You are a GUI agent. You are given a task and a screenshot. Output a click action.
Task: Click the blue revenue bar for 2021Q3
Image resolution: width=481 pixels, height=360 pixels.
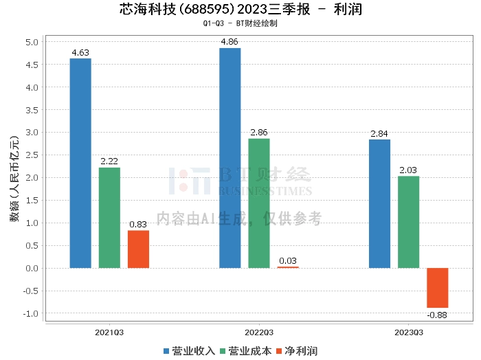coord(80,163)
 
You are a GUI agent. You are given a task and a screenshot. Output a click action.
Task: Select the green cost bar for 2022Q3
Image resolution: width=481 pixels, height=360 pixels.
coord(259,203)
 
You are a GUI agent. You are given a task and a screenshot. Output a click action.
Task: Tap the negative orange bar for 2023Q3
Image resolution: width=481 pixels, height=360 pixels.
coord(438,288)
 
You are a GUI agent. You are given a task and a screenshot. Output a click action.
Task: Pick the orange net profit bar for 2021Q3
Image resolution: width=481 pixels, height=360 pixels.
coord(138,249)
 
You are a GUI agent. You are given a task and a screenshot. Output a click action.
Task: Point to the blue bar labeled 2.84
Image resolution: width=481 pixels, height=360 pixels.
coord(379,204)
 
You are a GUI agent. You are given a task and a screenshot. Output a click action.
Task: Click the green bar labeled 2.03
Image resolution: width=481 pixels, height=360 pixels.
coord(408,223)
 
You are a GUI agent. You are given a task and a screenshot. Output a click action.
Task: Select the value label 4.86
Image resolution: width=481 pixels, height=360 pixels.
coord(230,42)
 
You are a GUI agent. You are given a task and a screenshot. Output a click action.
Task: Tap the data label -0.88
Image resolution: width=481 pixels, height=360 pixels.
coord(437,315)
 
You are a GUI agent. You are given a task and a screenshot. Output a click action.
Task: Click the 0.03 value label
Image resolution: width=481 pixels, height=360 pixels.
coord(288,261)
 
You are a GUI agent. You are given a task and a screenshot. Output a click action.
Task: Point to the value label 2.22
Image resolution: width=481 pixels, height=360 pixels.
coord(109,161)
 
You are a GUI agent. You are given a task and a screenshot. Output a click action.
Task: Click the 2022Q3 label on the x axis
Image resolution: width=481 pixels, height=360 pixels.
coord(259,333)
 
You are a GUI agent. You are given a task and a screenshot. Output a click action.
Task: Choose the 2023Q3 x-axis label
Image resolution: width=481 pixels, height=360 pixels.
coord(409,333)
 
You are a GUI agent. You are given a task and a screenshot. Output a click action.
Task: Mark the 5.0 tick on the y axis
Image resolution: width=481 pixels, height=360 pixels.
coord(32,42)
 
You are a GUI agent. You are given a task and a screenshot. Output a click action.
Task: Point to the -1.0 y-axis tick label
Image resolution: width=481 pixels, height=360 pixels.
coord(31,314)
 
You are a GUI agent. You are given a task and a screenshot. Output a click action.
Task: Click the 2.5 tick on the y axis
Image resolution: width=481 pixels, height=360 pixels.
coord(32,155)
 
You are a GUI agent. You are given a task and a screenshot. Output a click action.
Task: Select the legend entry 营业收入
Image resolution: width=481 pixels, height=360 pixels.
coord(189,351)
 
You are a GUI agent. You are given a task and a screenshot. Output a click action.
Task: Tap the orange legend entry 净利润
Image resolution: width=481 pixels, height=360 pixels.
coord(297,351)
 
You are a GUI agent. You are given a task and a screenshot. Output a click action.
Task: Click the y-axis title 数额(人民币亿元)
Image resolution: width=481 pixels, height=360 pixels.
coord(14,179)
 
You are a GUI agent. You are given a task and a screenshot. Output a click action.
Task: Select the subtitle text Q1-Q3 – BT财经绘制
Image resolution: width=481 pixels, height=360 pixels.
coord(240,23)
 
